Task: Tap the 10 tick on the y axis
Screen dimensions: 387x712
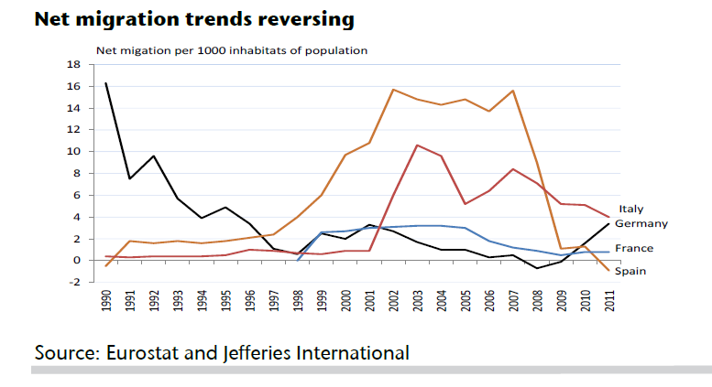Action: [74, 152]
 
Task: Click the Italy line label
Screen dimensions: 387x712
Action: [631, 210]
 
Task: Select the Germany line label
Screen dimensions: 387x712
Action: [641, 223]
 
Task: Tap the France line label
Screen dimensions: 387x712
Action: [633, 248]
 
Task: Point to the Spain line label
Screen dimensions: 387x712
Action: [630, 272]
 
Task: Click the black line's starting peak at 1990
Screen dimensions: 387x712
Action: [106, 83]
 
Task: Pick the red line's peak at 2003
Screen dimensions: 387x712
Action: [416, 145]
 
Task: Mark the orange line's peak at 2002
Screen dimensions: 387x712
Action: [392, 90]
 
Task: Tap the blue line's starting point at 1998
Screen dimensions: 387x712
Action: [297, 260]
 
